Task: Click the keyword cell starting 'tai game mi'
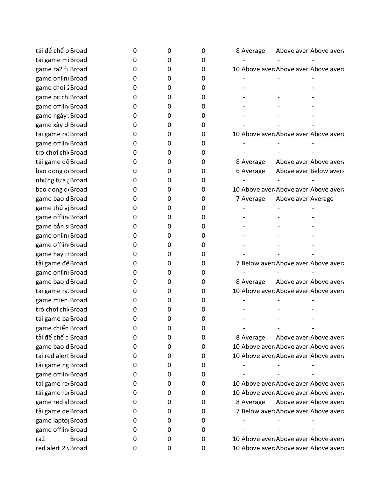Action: coord(52,60)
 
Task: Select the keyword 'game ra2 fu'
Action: coord(52,69)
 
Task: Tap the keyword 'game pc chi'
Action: coord(52,97)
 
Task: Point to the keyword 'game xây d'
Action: coord(52,125)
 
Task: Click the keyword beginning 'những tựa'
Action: coord(52,180)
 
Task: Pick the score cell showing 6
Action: coord(238,171)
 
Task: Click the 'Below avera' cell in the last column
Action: coord(327,171)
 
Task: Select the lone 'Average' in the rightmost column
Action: coord(322,199)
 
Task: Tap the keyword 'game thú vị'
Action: coord(52,208)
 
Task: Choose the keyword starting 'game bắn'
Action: coord(52,227)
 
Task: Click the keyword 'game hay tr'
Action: coord(52,254)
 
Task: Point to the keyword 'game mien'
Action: coord(52,300)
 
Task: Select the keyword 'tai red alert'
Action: coord(52,356)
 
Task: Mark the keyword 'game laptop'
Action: coord(52,421)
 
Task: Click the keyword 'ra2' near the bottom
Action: coord(40,439)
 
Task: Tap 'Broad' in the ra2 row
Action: coord(78,439)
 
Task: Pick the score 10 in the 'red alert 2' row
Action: coord(236,448)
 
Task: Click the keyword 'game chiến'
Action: coord(52,328)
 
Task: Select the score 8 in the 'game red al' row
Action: coord(238,402)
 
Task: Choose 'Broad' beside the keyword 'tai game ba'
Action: coord(78,319)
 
